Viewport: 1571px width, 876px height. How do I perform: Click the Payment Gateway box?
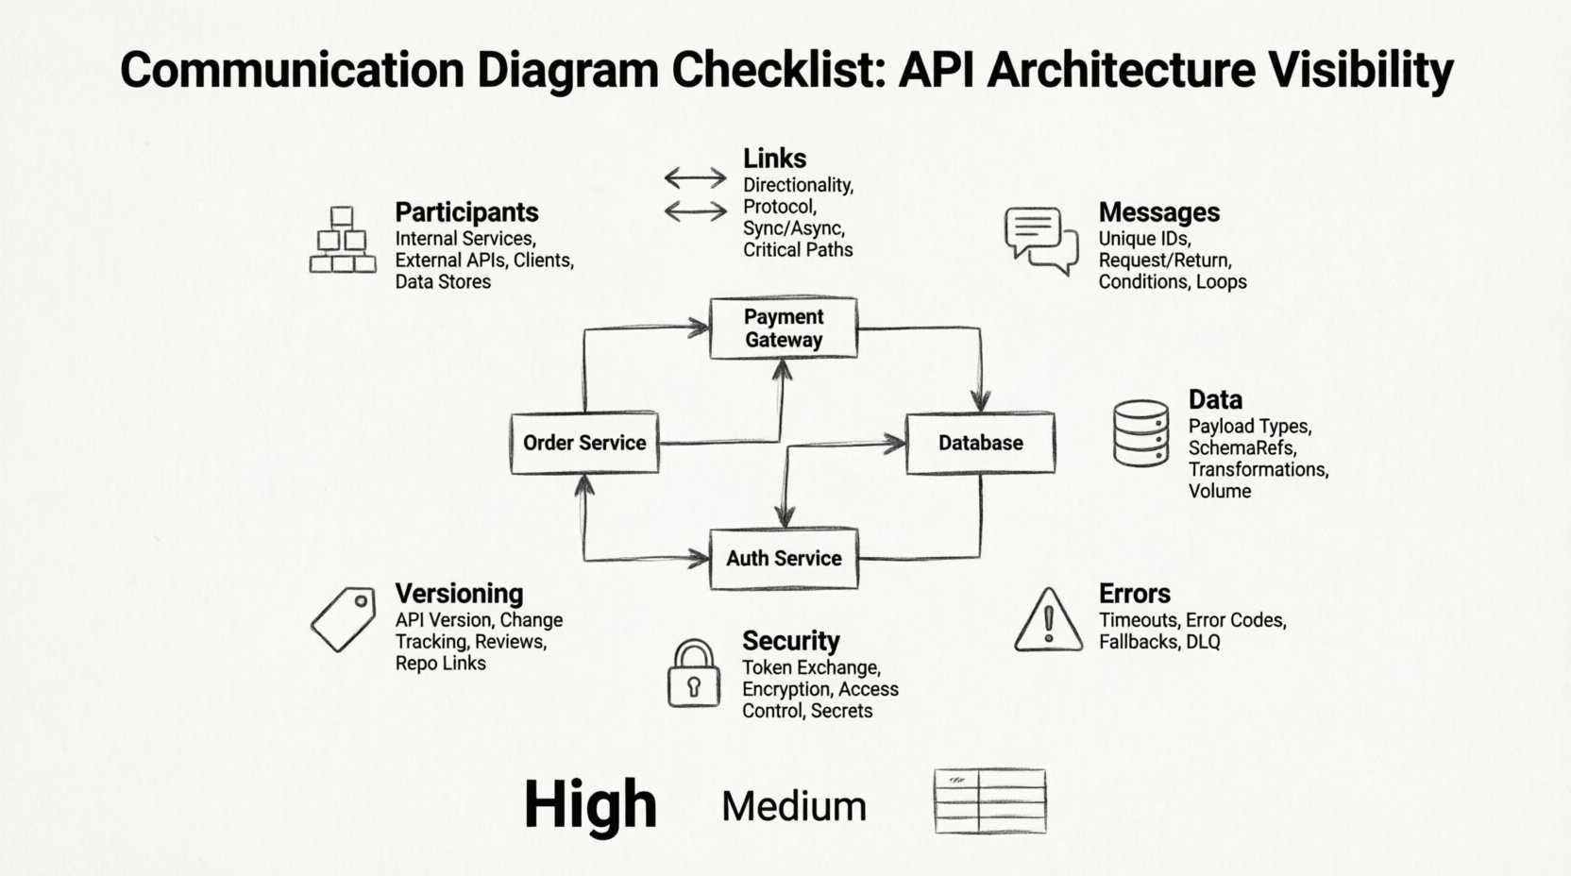784,328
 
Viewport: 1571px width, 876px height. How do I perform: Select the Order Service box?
584,443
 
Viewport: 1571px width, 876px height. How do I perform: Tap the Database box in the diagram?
980,443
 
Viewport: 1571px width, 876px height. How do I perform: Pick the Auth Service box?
784,558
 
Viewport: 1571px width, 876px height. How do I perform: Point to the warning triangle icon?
1048,622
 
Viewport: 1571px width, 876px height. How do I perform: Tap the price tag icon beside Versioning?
343,619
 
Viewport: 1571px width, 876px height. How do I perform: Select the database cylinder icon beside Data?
1140,433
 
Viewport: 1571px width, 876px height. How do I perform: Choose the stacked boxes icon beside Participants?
342,241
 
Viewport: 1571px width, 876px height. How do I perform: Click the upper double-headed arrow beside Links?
695,177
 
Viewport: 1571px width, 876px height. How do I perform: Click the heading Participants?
466,212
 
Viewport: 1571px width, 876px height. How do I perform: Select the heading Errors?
1134,594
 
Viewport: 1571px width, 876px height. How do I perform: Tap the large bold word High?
590,805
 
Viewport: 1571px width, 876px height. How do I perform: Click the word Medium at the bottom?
793,806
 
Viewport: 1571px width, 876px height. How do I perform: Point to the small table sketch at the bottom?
989,801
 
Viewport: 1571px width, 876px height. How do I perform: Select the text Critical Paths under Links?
798,249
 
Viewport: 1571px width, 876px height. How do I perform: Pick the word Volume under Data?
1219,491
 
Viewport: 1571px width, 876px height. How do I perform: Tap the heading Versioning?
459,594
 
